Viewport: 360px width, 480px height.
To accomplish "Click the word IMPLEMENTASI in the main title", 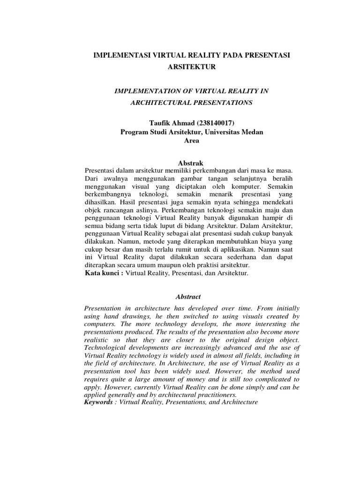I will tap(120, 55).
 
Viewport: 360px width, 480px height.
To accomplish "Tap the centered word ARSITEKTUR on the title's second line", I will tap(191, 67).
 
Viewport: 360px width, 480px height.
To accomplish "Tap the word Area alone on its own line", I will tap(191, 141).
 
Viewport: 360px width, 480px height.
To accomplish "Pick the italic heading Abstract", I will tap(188, 297).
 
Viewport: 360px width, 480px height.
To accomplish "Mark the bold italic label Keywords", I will tap(100, 403).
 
